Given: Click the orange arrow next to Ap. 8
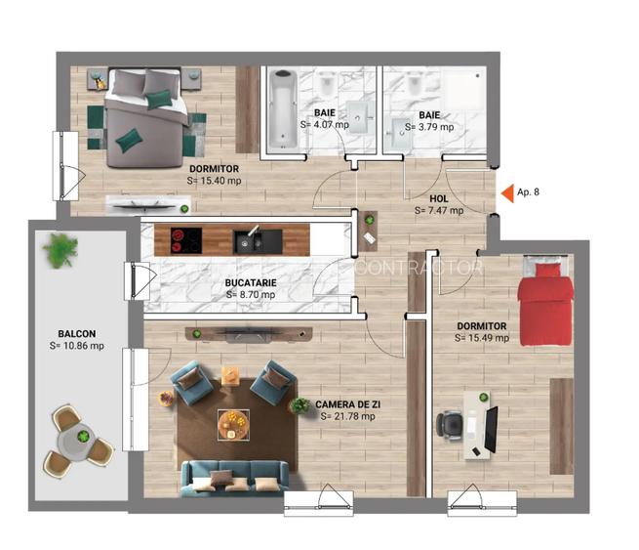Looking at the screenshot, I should tap(506, 192).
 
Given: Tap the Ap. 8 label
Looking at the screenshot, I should tap(529, 192).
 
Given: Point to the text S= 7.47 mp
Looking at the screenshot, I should tap(439, 210).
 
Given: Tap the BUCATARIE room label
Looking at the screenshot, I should tap(251, 282).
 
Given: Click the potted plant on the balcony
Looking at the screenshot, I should tap(60, 251).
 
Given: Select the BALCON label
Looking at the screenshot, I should tap(75, 333).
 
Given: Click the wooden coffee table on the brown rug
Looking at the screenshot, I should tap(234, 420).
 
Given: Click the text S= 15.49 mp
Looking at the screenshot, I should tap(482, 338).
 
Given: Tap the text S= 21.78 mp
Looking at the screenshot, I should tap(347, 416).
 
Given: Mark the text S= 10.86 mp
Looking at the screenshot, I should tap(75, 346).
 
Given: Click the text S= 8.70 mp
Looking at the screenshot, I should tap(251, 294).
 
